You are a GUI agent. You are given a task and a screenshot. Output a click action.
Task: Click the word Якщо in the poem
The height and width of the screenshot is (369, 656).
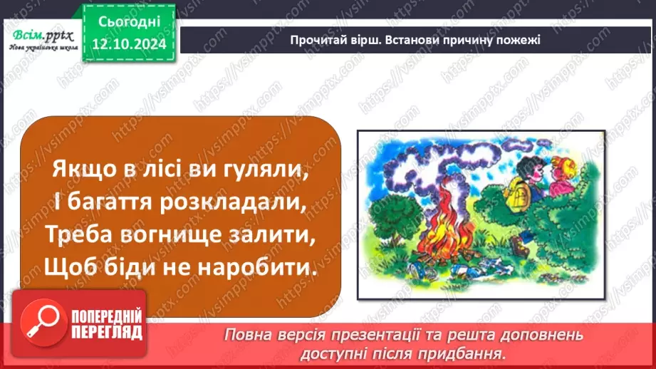pos(78,172)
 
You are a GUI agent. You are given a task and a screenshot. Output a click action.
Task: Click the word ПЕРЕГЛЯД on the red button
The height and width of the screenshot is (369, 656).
pos(108,332)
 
